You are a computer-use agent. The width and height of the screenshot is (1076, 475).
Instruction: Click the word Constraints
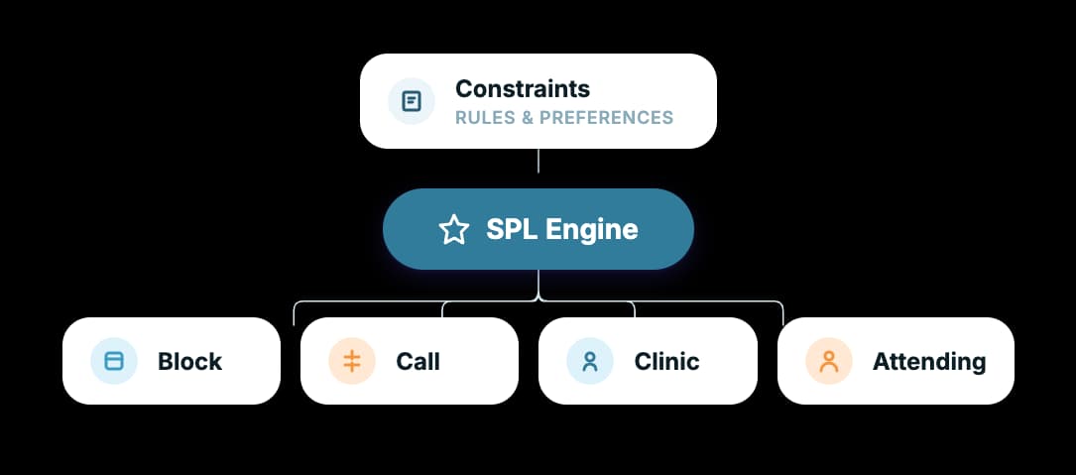[522, 88]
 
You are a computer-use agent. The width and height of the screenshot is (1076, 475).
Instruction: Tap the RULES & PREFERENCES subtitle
[563, 118]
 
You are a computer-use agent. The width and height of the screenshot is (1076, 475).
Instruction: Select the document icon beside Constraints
[412, 101]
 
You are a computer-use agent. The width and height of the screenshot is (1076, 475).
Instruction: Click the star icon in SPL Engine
[453, 230]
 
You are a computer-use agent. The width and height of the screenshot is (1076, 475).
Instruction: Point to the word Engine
[594, 230]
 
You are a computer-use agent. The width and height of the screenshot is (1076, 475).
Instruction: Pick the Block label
[189, 361]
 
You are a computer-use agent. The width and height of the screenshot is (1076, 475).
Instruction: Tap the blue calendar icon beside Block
[114, 361]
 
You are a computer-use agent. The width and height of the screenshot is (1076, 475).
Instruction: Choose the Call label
[418, 361]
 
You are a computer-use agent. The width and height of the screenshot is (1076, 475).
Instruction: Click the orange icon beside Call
[352, 361]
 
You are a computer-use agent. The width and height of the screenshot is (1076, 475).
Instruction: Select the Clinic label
[666, 361]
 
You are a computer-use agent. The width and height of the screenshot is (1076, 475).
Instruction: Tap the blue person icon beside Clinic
[590, 361]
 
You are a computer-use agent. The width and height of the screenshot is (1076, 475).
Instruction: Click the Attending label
[928, 361]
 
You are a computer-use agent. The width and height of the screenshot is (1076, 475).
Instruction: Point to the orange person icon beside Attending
[829, 361]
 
